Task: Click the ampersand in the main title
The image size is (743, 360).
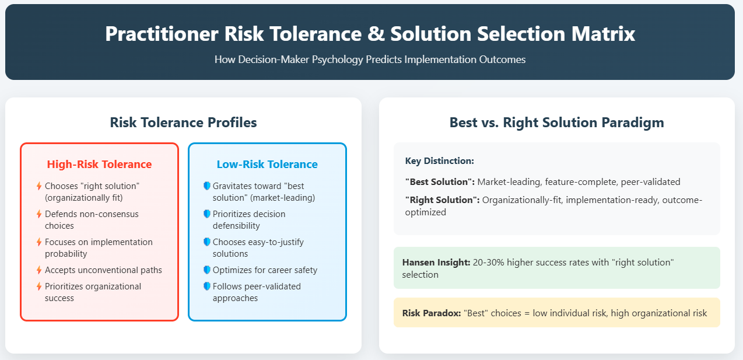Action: pyautogui.click(x=376, y=34)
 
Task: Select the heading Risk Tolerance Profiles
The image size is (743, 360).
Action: pyautogui.click(x=183, y=123)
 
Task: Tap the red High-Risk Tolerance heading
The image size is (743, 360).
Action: pyautogui.click(x=99, y=164)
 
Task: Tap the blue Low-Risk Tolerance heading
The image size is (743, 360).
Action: pyautogui.click(x=267, y=164)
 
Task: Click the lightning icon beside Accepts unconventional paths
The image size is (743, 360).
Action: pyautogui.click(x=39, y=270)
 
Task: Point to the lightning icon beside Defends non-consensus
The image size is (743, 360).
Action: pyautogui.click(x=39, y=214)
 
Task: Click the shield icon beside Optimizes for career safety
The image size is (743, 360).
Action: pyautogui.click(x=207, y=270)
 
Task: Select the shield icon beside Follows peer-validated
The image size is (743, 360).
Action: pyautogui.click(x=207, y=286)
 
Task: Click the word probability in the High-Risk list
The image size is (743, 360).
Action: pyautogui.click(x=66, y=254)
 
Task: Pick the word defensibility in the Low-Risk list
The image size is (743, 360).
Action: pyautogui.click(x=236, y=226)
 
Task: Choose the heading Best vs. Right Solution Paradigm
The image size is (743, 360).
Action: pyautogui.click(x=556, y=123)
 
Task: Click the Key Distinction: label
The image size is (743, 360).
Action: pyautogui.click(x=440, y=161)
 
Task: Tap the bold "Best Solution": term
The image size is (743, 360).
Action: pyautogui.click(x=440, y=182)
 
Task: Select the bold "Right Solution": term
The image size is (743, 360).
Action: pyautogui.click(x=442, y=200)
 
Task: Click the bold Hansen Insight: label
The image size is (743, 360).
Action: pyautogui.click(x=436, y=263)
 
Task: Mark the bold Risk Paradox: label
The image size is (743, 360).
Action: pyautogui.click(x=432, y=313)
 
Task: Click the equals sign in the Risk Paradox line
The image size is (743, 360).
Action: pyautogui.click(x=527, y=313)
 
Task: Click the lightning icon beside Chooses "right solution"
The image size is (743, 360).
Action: pyautogui.click(x=39, y=186)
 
